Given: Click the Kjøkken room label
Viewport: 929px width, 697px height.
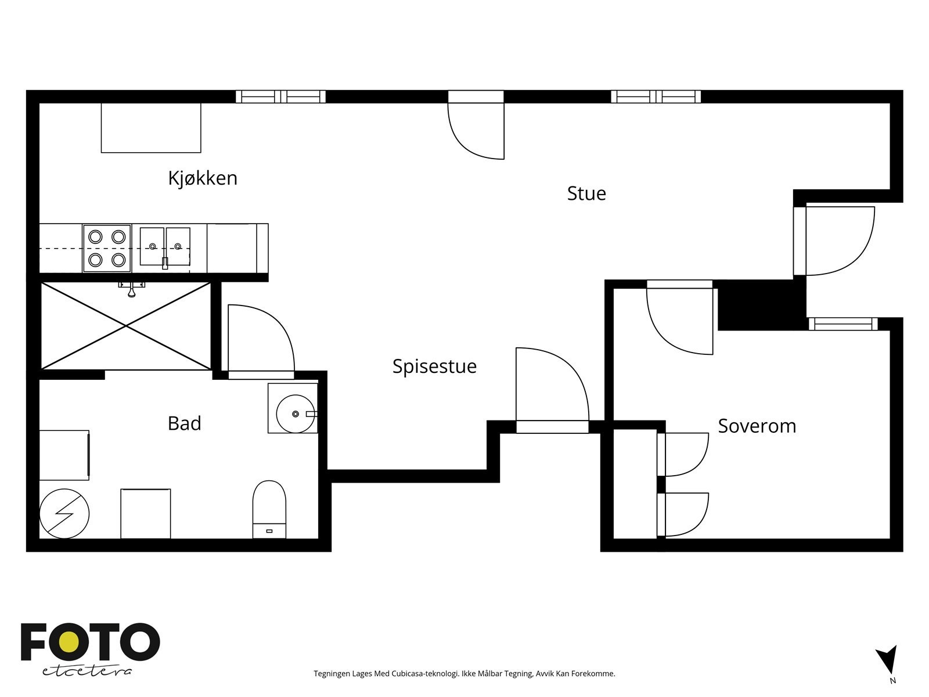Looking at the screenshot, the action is (x=203, y=178).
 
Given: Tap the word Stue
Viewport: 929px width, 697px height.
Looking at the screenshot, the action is (x=586, y=193).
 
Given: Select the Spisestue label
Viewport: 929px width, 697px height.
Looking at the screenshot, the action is (x=434, y=367).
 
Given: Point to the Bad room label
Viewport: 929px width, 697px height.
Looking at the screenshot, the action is (x=184, y=423).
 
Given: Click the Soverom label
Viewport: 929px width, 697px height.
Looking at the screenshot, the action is (x=757, y=426).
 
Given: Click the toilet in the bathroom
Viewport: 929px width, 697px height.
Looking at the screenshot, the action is (x=269, y=509).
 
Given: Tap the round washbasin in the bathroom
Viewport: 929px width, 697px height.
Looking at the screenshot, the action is (x=296, y=414).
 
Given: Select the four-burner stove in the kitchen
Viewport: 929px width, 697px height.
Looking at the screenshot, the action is (x=107, y=248).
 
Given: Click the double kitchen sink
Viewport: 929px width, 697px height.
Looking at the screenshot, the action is (x=165, y=247).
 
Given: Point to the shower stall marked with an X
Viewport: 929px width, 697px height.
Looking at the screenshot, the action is (x=125, y=326).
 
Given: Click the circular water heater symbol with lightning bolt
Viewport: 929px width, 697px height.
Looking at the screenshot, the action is (x=64, y=514).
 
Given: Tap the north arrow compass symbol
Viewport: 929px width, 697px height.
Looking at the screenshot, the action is (x=887, y=663).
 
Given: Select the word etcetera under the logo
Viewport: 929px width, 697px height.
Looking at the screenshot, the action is (x=87, y=671).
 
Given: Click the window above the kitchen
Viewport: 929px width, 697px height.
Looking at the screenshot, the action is (x=280, y=96).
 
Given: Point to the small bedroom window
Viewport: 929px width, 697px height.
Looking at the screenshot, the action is (x=843, y=324).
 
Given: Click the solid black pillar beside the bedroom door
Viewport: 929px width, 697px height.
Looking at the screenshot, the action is (x=762, y=305).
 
